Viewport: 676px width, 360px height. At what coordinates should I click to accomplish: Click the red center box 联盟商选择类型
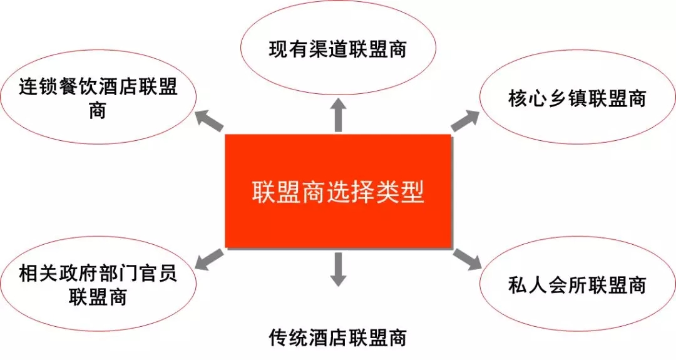click(x=338, y=191)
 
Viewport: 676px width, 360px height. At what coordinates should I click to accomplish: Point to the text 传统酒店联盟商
click(x=337, y=337)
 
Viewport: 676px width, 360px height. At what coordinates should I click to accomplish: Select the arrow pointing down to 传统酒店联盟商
click(x=338, y=269)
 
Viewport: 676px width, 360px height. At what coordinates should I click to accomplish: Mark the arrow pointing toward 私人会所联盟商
click(x=467, y=260)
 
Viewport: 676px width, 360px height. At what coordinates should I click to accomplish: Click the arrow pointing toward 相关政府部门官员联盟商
click(x=210, y=260)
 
